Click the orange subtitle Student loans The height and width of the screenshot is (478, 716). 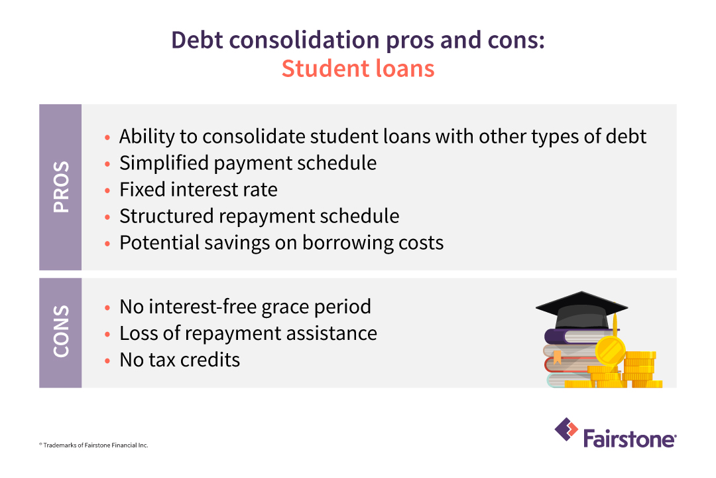pos(358,68)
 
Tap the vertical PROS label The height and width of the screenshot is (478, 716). pos(60,187)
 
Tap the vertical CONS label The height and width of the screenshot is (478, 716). pos(60,332)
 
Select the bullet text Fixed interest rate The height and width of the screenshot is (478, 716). pos(198,189)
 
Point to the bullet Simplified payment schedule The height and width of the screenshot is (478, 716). pos(248,163)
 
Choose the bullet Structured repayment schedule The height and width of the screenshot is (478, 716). pos(259,216)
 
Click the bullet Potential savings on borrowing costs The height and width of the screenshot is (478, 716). pos(281,242)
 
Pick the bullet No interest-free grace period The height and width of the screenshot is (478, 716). pos(245,307)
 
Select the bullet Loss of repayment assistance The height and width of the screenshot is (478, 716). pos(248,333)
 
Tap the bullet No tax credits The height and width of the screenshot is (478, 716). pos(180,360)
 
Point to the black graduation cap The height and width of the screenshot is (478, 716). pos(581,309)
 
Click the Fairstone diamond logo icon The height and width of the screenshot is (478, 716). pos(566,430)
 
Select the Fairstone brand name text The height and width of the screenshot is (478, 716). pos(630,438)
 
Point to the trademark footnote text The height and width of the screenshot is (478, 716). pos(93,445)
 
